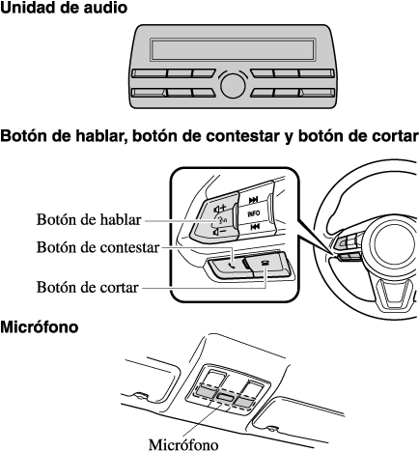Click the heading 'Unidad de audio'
(64, 8)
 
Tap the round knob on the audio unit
(233, 86)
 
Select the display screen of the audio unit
(233, 49)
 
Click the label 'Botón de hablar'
(89, 220)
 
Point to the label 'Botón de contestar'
(98, 247)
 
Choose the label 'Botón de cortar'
(87, 287)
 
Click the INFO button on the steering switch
(254, 213)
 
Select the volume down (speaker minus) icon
(220, 232)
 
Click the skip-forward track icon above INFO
(254, 200)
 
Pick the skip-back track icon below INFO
(255, 227)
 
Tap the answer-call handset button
(230, 267)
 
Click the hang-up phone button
(265, 262)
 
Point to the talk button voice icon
(222, 220)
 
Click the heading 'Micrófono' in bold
(39, 327)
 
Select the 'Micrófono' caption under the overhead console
(183, 445)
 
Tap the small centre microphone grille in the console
(225, 397)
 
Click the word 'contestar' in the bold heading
(242, 136)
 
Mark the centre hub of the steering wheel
(392, 245)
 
